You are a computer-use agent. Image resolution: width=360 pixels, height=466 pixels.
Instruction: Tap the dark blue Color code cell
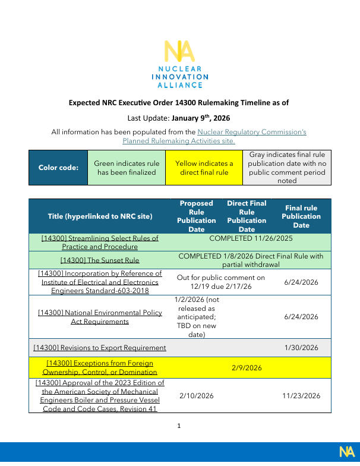58,168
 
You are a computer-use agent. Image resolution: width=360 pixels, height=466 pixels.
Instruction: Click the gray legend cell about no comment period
287,168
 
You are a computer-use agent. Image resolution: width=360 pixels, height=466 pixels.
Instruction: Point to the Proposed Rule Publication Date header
196,216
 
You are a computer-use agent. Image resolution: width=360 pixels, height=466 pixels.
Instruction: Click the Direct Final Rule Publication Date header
247,216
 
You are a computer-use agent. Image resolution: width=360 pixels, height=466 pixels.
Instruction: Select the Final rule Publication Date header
301,216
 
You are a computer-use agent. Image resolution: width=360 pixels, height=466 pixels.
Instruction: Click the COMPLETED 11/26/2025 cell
251,238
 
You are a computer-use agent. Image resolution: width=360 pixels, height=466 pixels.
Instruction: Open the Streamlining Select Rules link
100,242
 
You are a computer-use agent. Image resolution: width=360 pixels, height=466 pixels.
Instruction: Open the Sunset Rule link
100,260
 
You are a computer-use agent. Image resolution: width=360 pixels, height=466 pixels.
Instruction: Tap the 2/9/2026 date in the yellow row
247,367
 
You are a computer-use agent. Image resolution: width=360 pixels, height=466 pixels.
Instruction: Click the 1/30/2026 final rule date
301,348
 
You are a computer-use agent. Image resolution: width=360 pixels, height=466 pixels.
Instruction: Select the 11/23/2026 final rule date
301,395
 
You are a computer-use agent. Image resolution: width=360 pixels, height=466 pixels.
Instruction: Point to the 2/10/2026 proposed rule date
196,395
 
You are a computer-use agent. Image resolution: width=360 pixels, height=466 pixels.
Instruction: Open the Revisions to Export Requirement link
100,348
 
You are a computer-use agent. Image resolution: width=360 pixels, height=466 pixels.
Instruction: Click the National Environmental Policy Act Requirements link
100,317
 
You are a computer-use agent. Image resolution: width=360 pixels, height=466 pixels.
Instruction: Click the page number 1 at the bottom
179,426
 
